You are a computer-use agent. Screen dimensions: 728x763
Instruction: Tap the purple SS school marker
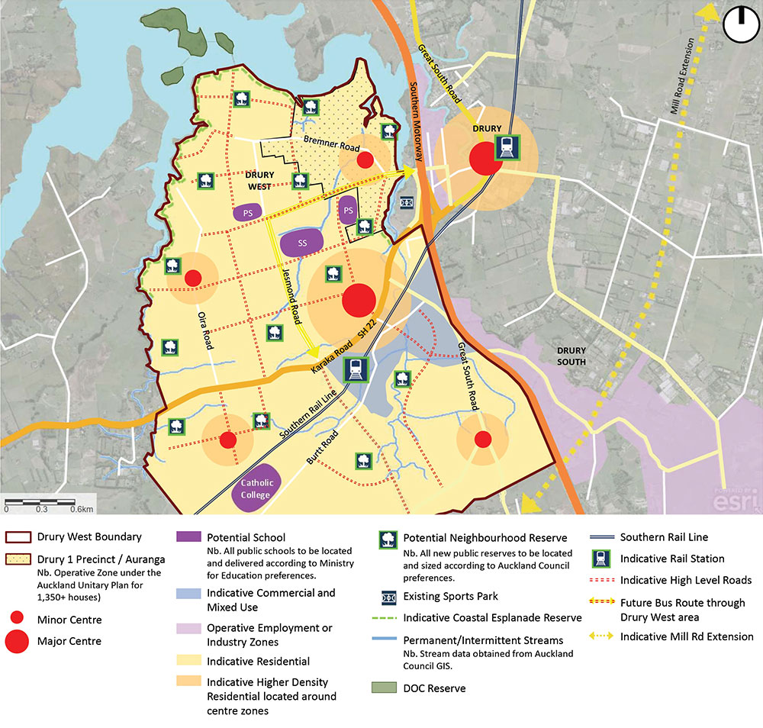pos(302,243)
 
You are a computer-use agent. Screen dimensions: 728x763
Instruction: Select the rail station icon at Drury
pos(505,147)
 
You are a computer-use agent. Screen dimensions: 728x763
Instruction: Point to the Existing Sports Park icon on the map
pos(407,202)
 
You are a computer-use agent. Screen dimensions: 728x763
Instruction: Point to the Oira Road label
pos(204,334)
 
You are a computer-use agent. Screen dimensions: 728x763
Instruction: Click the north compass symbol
pos(737,24)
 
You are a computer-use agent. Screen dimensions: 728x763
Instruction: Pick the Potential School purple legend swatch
pos(188,537)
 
